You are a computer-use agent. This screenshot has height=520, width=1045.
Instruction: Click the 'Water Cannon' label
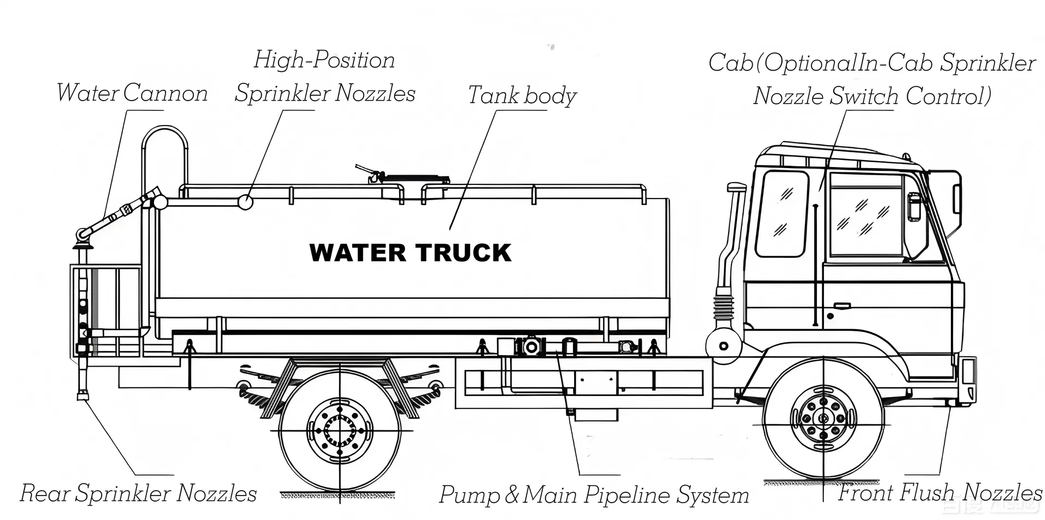coord(132,93)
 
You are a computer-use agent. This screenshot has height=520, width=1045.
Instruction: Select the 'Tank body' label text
coord(521,95)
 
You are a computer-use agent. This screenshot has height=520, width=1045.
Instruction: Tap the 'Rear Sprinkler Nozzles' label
coord(138,493)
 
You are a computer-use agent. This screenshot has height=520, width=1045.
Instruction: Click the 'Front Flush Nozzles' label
coord(939,492)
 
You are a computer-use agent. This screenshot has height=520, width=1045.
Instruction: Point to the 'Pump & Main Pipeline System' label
coord(594,495)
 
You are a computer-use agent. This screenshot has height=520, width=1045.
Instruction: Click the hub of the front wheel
coord(823,418)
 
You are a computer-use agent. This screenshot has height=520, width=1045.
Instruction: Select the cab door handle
coord(842,305)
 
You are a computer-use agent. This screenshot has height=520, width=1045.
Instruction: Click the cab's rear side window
coord(782,213)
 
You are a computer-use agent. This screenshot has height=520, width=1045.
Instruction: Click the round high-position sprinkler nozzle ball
coord(245,202)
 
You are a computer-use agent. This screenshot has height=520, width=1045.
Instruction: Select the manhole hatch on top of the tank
coord(414,178)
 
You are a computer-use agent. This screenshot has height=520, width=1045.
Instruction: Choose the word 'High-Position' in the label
coord(324,60)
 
